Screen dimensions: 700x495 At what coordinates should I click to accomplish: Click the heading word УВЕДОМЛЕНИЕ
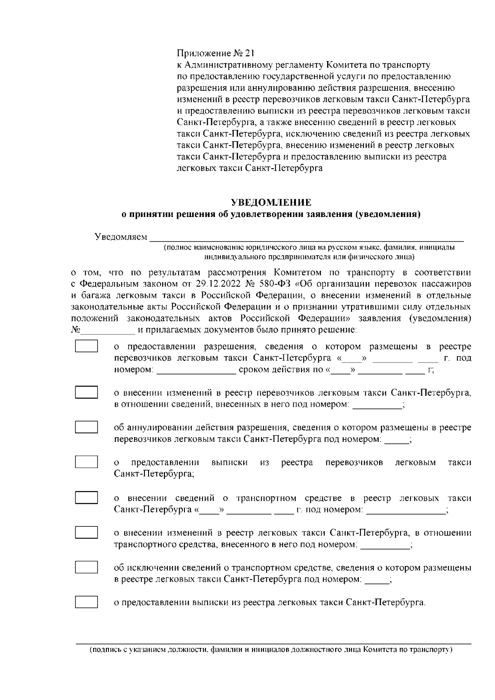pos(270,203)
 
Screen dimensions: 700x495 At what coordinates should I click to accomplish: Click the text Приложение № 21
pos(216,54)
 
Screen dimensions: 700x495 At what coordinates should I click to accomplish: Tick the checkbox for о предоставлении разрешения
pos(86,346)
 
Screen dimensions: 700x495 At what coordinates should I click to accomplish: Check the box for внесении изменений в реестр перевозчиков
pos(86,392)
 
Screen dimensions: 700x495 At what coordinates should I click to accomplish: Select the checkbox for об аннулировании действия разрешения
pos(86,427)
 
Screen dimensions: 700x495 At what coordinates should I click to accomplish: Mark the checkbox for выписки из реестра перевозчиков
pos(86,462)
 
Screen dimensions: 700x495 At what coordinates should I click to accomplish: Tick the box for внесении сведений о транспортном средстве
pos(86,497)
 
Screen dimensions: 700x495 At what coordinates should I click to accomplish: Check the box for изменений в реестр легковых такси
pos(86,532)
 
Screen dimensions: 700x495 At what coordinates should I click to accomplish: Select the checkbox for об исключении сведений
pos(86,567)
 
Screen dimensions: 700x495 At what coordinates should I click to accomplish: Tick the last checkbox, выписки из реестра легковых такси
pos(86,602)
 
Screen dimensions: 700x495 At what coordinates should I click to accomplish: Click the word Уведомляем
pos(120,237)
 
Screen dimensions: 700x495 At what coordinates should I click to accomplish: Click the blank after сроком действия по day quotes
pos(341,370)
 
